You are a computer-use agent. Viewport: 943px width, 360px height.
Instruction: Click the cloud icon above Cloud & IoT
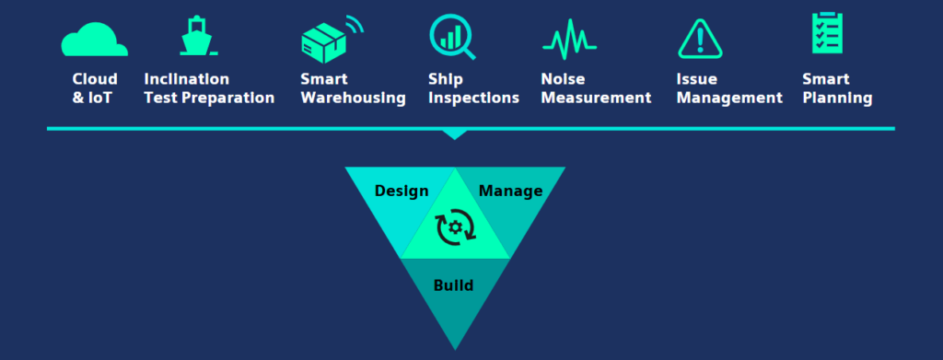pyautogui.click(x=94, y=40)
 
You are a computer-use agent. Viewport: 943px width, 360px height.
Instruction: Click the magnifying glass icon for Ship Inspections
pyautogui.click(x=450, y=37)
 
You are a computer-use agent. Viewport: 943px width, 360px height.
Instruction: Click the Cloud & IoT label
pyautogui.click(x=95, y=88)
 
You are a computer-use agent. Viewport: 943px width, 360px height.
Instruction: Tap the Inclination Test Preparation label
pyautogui.click(x=209, y=88)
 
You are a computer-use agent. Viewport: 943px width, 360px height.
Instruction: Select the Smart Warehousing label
pyautogui.click(x=353, y=88)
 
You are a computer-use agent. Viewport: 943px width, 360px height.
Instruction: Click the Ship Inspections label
pyautogui.click(x=473, y=88)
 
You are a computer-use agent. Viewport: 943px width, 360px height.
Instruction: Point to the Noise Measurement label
pyautogui.click(x=596, y=88)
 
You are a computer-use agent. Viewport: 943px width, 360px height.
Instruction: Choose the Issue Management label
pyautogui.click(x=728, y=88)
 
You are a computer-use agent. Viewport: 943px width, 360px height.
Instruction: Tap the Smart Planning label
pyautogui.click(x=836, y=88)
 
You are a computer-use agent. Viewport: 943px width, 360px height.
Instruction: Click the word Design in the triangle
pyautogui.click(x=402, y=192)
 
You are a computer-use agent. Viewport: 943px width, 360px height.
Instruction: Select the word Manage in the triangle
pyautogui.click(x=510, y=192)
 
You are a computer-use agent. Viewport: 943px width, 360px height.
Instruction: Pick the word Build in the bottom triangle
pyautogui.click(x=453, y=285)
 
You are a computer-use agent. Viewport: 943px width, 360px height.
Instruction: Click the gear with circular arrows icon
pyautogui.click(x=455, y=227)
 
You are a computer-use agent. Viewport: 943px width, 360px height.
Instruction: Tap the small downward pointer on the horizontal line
pyautogui.click(x=455, y=134)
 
